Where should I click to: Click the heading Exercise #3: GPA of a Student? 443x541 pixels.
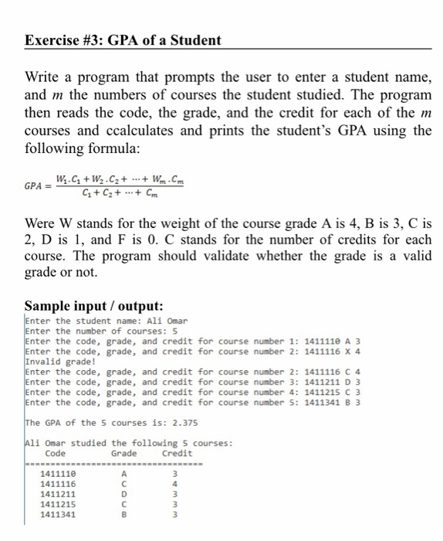[123, 39]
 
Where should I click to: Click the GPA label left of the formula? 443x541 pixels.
[35, 187]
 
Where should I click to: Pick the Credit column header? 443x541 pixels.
[178, 452]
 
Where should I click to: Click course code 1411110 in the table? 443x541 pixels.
[57, 473]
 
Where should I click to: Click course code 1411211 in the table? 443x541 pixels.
[57, 492]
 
